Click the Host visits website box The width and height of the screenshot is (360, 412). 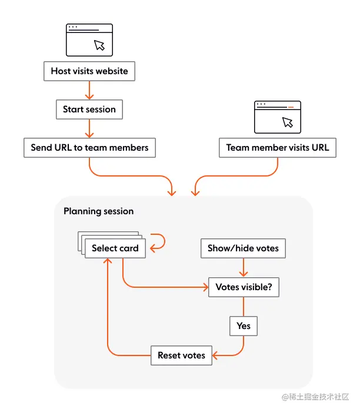click(89, 71)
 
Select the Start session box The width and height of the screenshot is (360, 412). click(89, 109)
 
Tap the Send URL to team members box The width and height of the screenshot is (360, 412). click(89, 148)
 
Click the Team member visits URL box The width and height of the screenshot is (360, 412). click(278, 148)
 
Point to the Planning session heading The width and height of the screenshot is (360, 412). click(98, 211)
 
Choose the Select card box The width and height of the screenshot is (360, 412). click(115, 248)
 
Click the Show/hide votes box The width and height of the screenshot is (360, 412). click(243, 248)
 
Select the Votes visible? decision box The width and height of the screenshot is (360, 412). click(243, 288)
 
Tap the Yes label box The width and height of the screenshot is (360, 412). click(243, 325)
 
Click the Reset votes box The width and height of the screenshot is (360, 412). click(181, 355)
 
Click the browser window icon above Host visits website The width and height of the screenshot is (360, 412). click(89, 39)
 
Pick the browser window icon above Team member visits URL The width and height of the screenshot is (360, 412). click(278, 117)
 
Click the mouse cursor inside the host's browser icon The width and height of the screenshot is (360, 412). click(99, 45)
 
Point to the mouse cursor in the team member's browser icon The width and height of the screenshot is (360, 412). click(287, 122)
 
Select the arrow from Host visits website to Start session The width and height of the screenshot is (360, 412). click(89, 90)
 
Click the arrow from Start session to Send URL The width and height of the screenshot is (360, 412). click(89, 128)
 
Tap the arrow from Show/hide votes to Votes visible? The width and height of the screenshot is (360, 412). click(243, 268)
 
